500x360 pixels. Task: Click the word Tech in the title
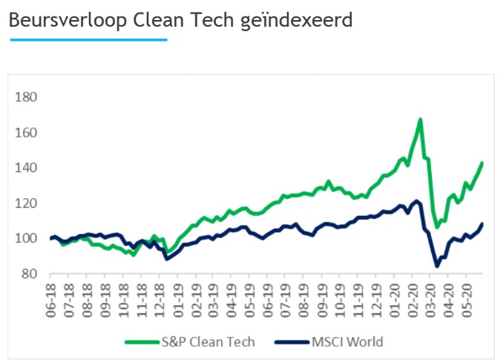coord(211,20)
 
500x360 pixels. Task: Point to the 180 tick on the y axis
coord(27,97)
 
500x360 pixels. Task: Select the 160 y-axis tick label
coord(27,133)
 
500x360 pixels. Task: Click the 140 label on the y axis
coord(27,168)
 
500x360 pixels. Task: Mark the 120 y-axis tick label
coord(27,203)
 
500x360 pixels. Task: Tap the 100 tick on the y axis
coord(27,238)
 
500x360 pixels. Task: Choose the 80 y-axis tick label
coord(30,274)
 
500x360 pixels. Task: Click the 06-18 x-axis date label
coord(51,297)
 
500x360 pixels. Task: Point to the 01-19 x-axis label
coord(179,297)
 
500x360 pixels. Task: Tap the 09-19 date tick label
coord(324,297)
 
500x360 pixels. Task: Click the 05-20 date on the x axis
coord(469,297)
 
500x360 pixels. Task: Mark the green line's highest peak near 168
coord(420,119)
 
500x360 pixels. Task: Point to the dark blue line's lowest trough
coord(437,266)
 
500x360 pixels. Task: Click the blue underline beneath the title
coord(88,40)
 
